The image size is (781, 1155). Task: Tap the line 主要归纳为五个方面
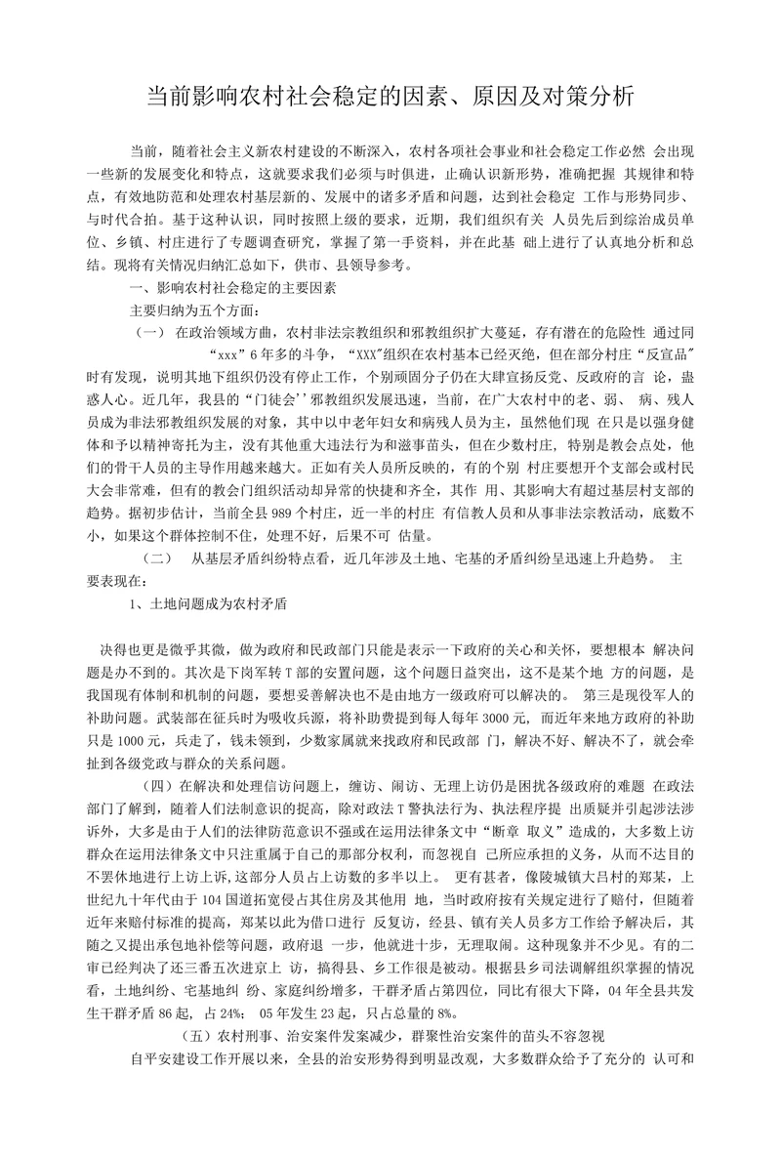pos(194,310)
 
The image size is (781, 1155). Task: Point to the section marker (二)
pos(157,558)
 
